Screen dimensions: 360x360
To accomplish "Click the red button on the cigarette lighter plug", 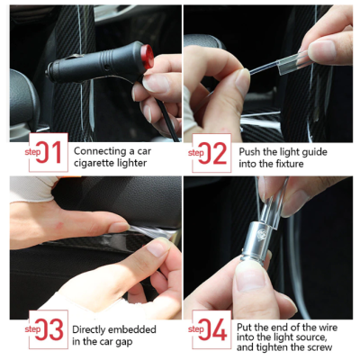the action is click(148, 56).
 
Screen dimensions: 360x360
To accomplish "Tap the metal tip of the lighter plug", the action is click(48, 73).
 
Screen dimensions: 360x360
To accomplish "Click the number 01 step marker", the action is click(49, 152).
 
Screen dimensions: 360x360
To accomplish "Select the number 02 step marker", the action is click(212, 153).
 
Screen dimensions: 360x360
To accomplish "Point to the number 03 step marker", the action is click(49, 329).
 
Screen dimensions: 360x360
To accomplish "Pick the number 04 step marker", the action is click(212, 329).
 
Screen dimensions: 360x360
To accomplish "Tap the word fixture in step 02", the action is click(288, 164).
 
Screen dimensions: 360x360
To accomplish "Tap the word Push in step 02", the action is click(250, 152).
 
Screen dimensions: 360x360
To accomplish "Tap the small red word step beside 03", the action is click(32, 329).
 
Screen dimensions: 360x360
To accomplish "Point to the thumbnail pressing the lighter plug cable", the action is click(155, 82).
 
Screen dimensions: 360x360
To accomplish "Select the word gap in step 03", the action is click(123, 342).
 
